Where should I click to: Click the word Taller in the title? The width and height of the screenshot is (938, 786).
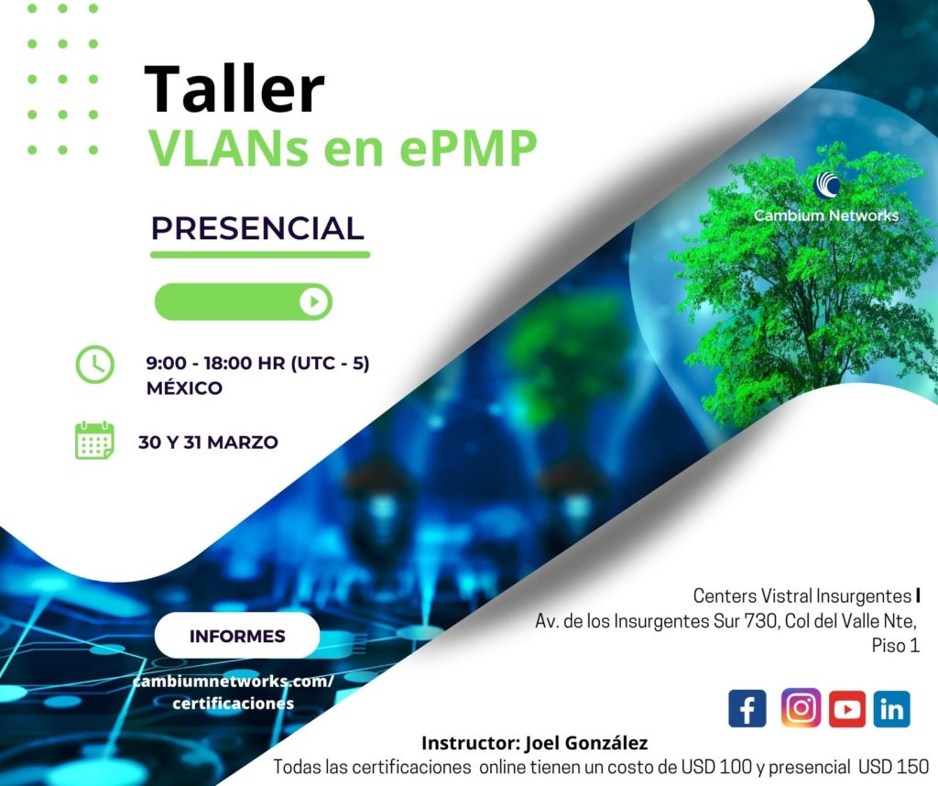pos(234,89)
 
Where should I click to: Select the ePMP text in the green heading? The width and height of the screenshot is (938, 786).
pos(468,149)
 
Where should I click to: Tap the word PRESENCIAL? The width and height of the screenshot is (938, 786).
pos(257,228)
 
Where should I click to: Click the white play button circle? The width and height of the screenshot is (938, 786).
pos(315,301)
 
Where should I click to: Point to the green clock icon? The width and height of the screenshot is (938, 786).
pos(94,365)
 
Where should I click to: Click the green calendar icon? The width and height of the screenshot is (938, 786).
pos(94,441)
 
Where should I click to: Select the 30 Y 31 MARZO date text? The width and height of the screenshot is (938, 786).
pos(208,442)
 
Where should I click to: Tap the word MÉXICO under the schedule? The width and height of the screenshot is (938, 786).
pos(184,388)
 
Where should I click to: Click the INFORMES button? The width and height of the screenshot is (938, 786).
pos(237,635)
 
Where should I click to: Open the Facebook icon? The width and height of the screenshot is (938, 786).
pos(747,708)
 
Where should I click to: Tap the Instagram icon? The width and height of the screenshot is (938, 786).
pos(801,707)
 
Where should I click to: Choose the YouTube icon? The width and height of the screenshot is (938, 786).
pos(847,709)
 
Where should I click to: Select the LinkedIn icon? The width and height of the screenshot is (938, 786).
pos(892,709)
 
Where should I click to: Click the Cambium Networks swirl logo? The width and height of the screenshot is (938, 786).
pos(826,185)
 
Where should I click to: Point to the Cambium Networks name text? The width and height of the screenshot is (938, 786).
pos(826,215)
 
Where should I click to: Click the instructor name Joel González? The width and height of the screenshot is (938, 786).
pos(586,743)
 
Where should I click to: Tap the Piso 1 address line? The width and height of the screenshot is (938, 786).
pos(895,646)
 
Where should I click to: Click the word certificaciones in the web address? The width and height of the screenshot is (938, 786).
pos(233,704)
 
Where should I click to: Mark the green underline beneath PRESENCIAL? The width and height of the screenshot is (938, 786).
pos(260,255)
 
